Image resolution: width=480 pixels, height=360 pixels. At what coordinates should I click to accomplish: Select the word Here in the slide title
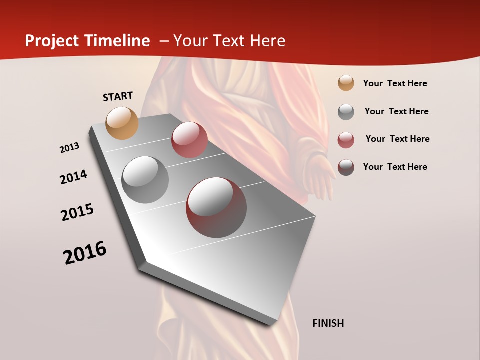click(x=267, y=41)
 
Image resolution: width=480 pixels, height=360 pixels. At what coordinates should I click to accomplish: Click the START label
click(x=118, y=96)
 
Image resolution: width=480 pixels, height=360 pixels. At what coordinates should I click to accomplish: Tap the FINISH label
click(x=328, y=323)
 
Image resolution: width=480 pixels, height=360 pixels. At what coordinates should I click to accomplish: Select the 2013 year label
click(x=69, y=148)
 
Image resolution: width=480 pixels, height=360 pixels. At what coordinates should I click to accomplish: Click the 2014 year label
click(x=73, y=177)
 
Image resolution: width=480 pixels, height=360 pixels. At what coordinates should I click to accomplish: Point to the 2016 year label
click(x=85, y=253)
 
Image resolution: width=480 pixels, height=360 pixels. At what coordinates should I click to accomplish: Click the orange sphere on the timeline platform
click(x=122, y=123)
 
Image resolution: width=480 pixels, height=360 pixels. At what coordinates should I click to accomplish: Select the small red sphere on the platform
click(x=189, y=140)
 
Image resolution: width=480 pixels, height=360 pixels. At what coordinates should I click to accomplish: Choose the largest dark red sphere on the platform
click(x=216, y=207)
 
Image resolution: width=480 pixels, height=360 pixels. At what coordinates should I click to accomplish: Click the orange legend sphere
click(x=346, y=83)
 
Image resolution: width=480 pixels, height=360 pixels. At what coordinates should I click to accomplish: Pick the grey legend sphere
click(x=346, y=111)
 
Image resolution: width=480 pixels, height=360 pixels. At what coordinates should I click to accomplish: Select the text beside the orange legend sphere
click(x=395, y=84)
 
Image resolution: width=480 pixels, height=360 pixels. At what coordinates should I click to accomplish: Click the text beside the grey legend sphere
click(x=396, y=111)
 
